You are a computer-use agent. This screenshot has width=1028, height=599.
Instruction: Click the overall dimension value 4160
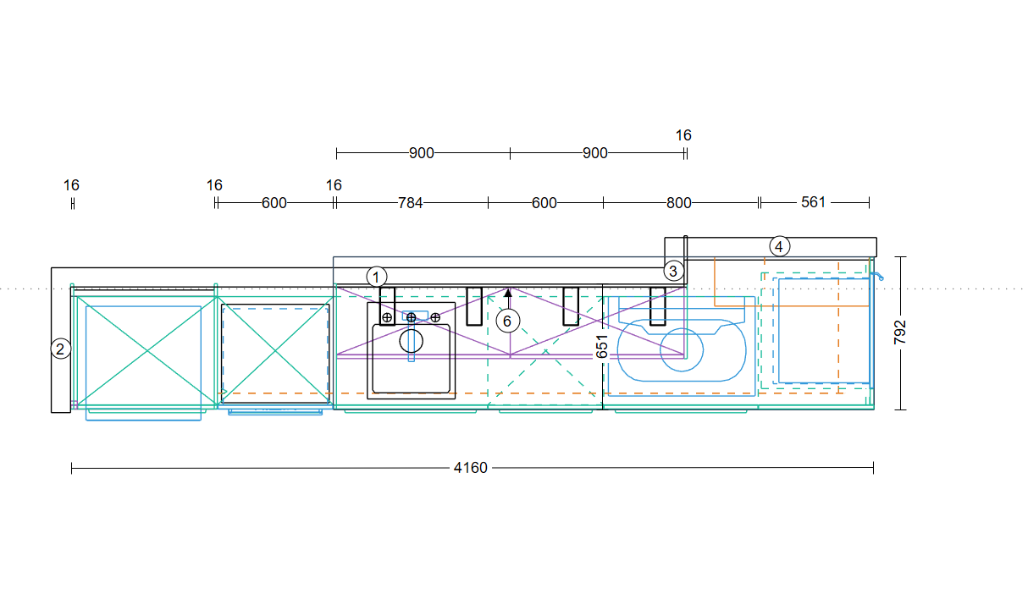471,468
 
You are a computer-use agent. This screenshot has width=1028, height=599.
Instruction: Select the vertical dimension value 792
900,332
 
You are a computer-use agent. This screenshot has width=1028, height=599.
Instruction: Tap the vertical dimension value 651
602,346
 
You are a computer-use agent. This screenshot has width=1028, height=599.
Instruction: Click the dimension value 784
410,203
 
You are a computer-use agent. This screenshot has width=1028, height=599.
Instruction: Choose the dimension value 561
813,202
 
